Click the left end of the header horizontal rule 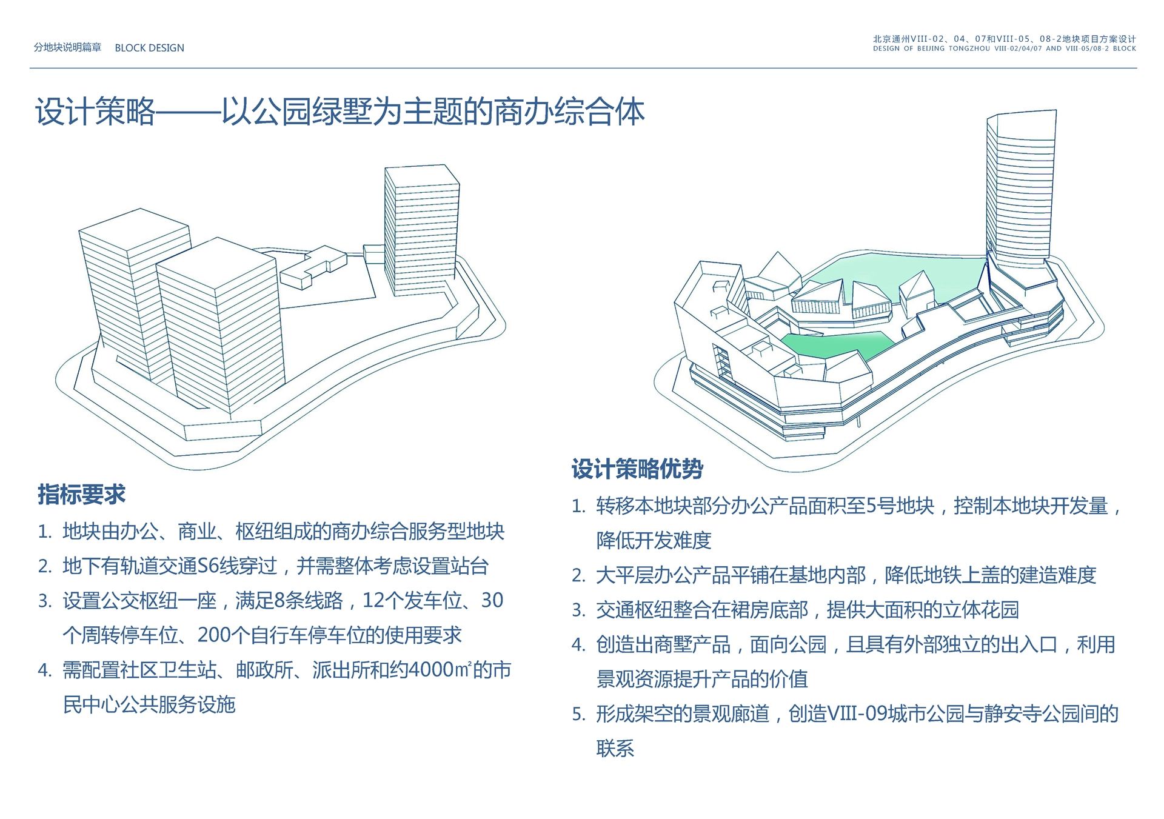[x=30, y=68]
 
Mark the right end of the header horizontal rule [x=1137, y=68]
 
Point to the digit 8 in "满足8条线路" [x=279, y=601]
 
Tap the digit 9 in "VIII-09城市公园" [x=881, y=714]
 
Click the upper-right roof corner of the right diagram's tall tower [x=1056, y=110]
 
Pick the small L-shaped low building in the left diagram [x=314, y=267]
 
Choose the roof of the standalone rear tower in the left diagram [x=422, y=175]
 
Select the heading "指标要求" [x=81, y=495]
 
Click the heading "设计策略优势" [x=637, y=469]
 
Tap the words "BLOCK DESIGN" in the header [x=149, y=48]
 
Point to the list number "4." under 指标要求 [x=45, y=670]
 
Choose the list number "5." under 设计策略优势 [x=579, y=714]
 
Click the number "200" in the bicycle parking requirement [x=214, y=635]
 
